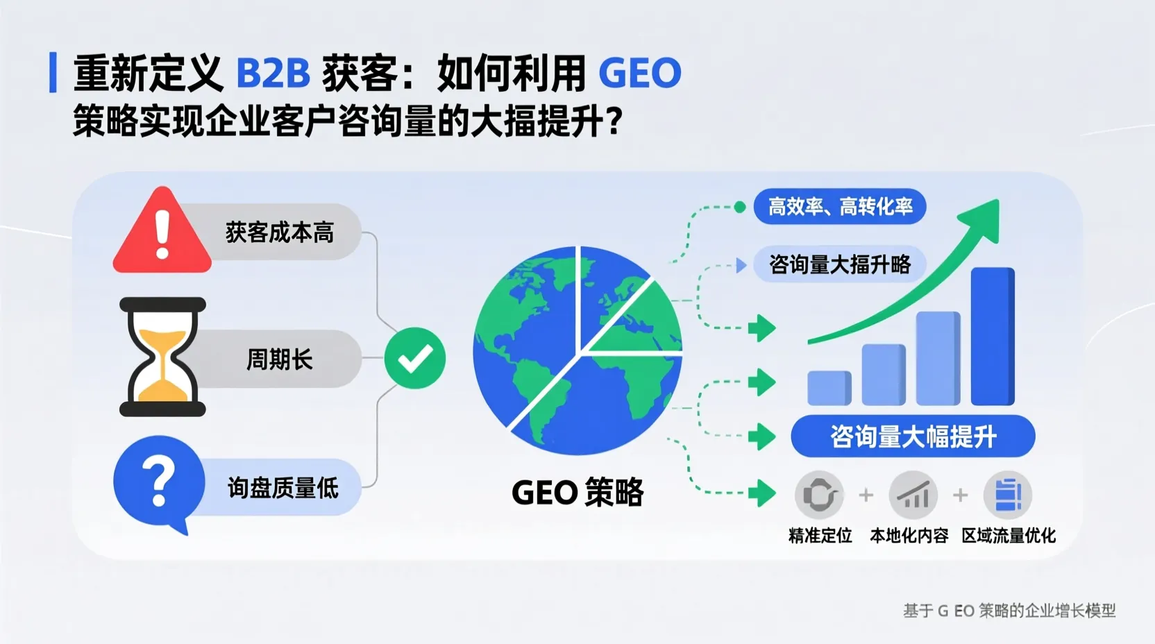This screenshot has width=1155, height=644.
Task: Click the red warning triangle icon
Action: coord(162,232)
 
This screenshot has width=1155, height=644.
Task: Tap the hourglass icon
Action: coord(162,357)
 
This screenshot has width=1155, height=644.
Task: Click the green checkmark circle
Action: coord(415,358)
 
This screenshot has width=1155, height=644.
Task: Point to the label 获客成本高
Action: coord(280,232)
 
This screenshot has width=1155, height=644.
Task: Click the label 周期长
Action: coord(280,359)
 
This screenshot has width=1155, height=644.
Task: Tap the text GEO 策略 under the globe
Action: coord(577,493)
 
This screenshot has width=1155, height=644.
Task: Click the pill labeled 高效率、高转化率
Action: coord(840,206)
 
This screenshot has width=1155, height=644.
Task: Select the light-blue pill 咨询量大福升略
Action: coord(840,264)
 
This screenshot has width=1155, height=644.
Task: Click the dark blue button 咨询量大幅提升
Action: coord(913,437)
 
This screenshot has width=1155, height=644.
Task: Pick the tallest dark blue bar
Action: coord(993,336)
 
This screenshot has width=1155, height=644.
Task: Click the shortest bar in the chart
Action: coord(829,388)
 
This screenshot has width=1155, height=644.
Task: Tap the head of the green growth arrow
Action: coord(982,219)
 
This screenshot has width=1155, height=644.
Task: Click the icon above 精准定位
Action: coord(819,495)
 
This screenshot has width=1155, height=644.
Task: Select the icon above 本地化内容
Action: coord(913,495)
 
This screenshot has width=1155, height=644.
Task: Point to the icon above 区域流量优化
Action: coord(1008,495)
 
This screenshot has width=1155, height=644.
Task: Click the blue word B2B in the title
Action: coord(273,73)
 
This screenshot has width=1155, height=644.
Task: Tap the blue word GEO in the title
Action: coord(640,73)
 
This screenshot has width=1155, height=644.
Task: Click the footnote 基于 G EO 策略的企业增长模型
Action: coord(1009,611)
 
